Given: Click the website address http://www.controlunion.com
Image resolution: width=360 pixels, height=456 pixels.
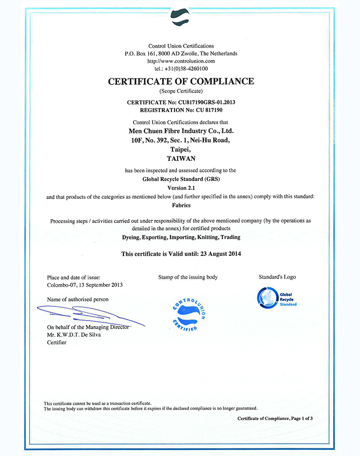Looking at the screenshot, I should click(x=181, y=61).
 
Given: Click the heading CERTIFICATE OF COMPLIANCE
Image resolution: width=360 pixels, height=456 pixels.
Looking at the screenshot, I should click(x=181, y=82).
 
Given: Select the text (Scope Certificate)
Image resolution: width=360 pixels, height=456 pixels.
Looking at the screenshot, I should click(x=181, y=92).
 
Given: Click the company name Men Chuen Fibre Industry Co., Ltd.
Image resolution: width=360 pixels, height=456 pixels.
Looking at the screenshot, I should click(x=181, y=131).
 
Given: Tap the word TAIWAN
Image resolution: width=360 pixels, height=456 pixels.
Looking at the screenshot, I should click(x=181, y=159).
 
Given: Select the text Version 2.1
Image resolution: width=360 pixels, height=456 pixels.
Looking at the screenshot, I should click(x=181, y=188).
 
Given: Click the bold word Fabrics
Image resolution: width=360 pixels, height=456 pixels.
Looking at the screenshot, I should click(x=181, y=205).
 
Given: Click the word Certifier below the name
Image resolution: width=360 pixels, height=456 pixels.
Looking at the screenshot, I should click(x=57, y=342).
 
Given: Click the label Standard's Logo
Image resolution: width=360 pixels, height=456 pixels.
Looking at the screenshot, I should click(x=277, y=277).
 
